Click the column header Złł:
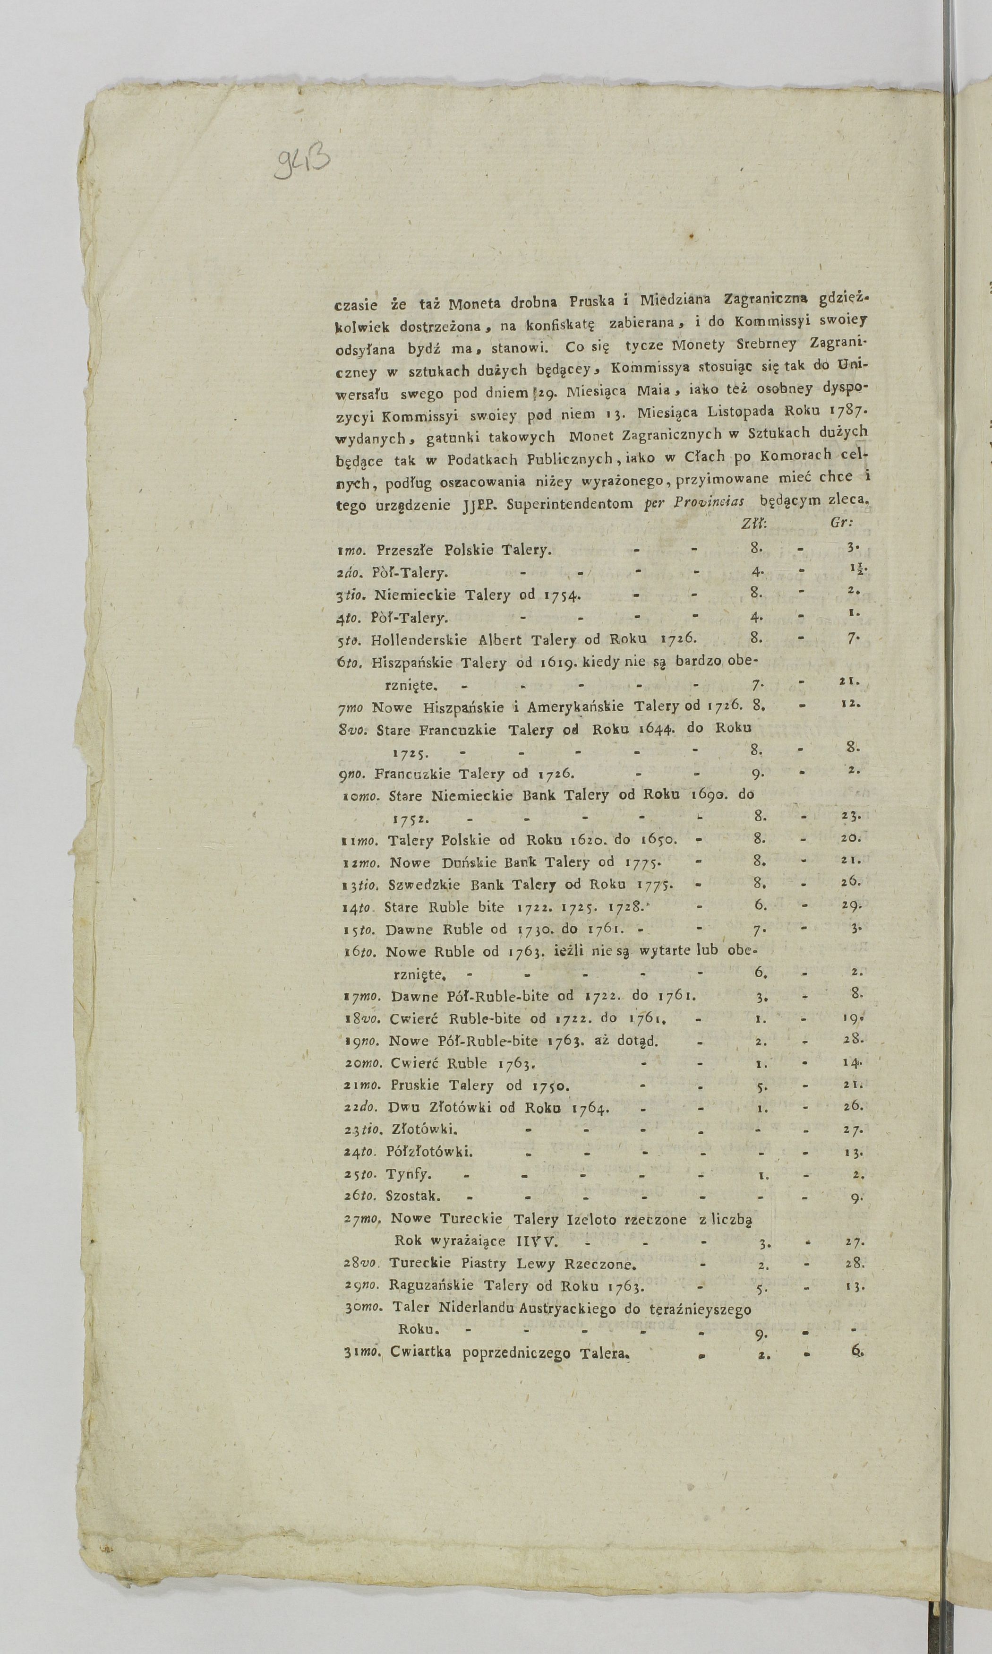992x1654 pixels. click(754, 524)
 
